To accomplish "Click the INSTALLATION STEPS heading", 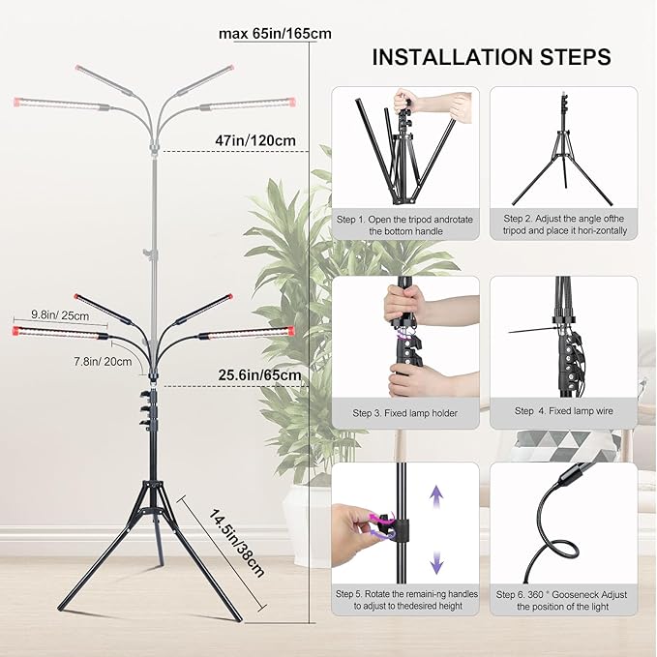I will pos(491,57).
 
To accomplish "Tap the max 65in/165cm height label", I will pos(275,34).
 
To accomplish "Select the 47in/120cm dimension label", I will pos(255,140).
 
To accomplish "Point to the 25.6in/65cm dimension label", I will pos(258,374).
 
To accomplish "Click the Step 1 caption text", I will pos(404,225).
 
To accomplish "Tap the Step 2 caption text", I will pos(564,225).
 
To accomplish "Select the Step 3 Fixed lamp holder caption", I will pos(404,412).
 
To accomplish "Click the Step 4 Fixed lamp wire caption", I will pos(563,411).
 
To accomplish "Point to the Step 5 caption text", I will pos(404,599).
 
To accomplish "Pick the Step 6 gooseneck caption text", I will pos(564,599).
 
